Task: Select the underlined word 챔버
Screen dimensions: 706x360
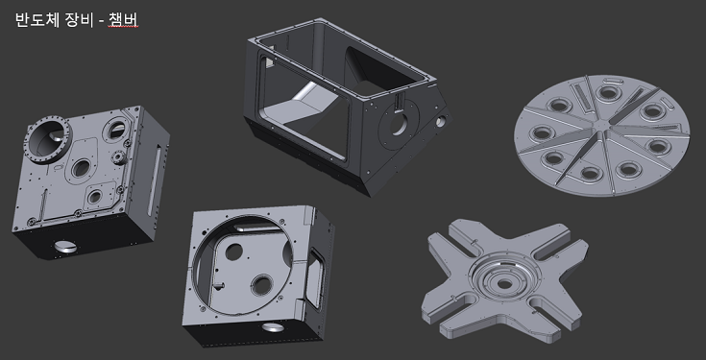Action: click(x=123, y=20)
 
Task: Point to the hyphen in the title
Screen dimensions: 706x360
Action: click(x=101, y=21)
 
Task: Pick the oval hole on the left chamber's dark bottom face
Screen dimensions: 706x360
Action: click(x=65, y=246)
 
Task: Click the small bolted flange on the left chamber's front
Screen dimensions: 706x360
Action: click(x=118, y=157)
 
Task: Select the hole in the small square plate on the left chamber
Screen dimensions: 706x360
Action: click(x=94, y=197)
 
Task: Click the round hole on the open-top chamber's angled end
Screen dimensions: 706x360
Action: click(x=399, y=126)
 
